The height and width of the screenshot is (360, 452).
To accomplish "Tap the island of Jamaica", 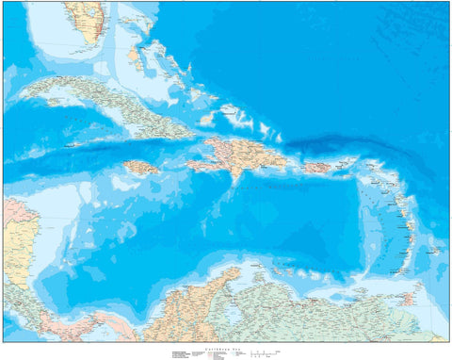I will point(140,168).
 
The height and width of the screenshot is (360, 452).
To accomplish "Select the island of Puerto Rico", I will point(316,168).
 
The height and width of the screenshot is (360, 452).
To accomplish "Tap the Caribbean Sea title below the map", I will point(226,346).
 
